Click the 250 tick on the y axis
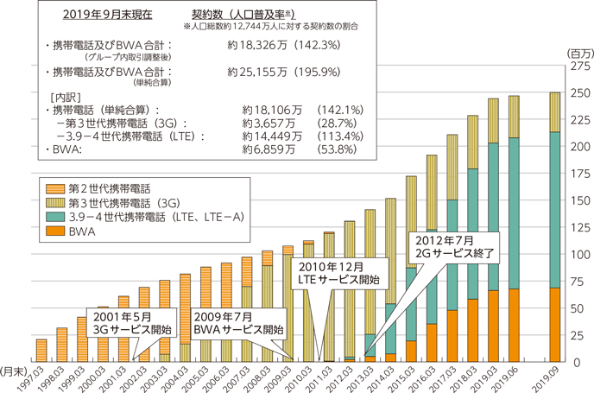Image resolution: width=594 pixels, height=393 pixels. point(578,92)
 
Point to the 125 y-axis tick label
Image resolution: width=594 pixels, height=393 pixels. point(578,227)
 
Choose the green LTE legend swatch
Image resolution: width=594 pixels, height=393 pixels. point(54,217)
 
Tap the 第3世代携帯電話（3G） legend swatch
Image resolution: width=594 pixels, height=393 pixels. point(54,200)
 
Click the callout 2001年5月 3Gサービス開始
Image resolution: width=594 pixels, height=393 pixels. point(130,324)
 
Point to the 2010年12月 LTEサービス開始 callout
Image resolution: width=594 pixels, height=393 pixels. point(336,272)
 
